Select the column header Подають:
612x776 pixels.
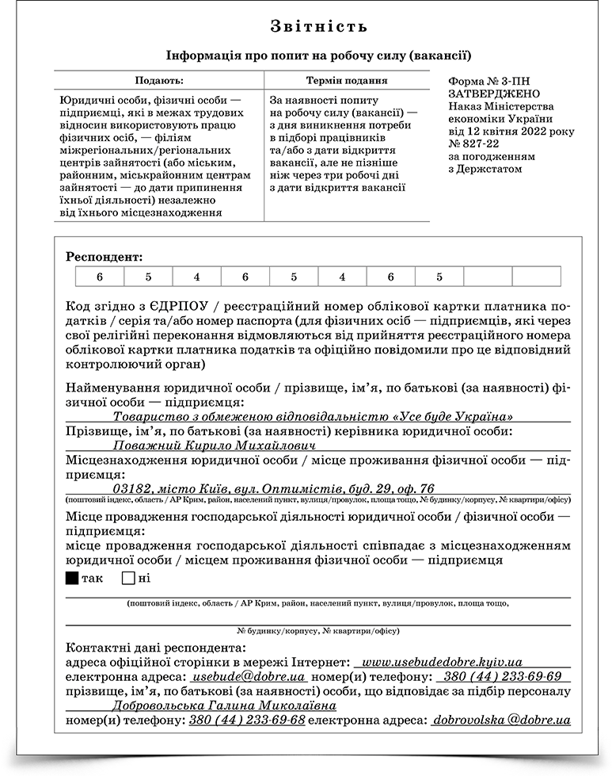(x=158, y=81)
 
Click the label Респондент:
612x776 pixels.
(x=105, y=257)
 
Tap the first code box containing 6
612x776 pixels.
(x=100, y=277)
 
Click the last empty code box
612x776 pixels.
(x=536, y=277)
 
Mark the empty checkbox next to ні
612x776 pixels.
(x=128, y=578)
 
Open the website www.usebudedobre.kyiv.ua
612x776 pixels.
(x=441, y=661)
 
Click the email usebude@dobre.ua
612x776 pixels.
(x=249, y=677)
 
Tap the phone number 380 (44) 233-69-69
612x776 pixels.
(x=503, y=677)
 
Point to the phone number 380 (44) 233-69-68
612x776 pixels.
(x=246, y=721)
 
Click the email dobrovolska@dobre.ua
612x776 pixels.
(x=502, y=721)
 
